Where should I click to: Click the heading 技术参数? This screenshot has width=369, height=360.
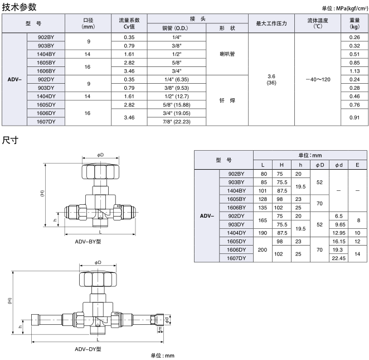point(20,7)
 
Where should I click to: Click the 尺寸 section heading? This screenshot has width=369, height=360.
point(11,140)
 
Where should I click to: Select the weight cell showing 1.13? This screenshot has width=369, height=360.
point(354,71)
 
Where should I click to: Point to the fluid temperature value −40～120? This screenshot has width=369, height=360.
point(318,79)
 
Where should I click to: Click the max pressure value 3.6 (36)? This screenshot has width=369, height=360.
point(271,79)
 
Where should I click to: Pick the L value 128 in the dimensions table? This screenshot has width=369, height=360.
point(263,199)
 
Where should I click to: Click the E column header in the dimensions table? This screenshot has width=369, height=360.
point(357,165)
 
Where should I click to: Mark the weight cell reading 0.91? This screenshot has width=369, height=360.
point(354,117)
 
